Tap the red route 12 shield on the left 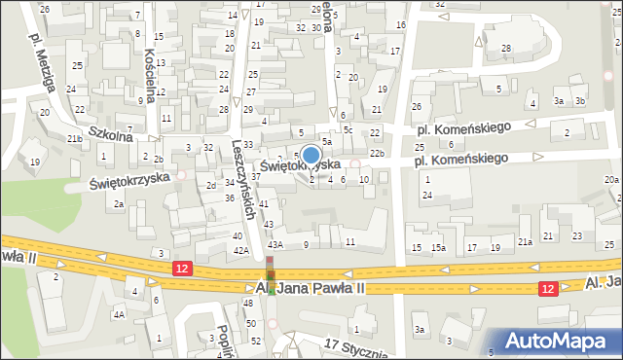pos(182,267)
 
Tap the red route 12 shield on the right pos(548,287)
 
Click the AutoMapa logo pos(562,341)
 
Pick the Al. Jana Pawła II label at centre pos(309,289)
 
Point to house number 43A pos(275,244)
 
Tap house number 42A pos(241,250)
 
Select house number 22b pos(377,154)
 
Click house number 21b pos(73,139)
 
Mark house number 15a pos(439,248)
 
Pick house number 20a pos(610,180)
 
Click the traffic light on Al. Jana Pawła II pos(271,275)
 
